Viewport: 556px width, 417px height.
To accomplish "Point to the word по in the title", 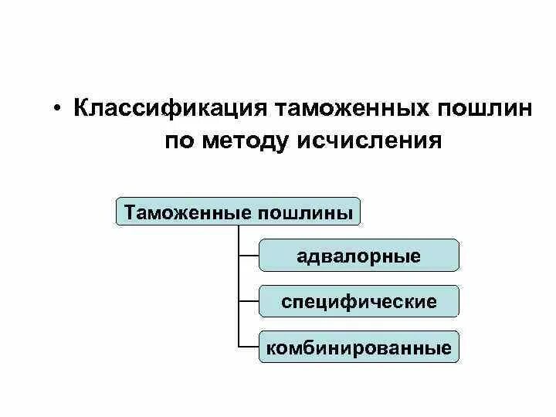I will pyautogui.click(x=182, y=142).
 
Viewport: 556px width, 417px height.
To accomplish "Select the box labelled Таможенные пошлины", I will pyautogui.click(x=239, y=211).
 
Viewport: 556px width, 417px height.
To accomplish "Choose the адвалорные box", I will pyautogui.click(x=359, y=256).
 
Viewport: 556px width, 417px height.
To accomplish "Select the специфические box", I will pyautogui.click(x=359, y=301).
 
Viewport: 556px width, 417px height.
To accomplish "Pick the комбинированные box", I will pyautogui.click(x=359, y=347).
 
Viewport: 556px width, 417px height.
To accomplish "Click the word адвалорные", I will pyautogui.click(x=359, y=256).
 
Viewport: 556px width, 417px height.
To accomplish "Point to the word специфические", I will pyautogui.click(x=359, y=301).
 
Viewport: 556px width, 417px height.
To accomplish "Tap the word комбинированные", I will pyautogui.click(x=359, y=347).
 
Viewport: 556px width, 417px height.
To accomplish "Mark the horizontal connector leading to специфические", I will pyautogui.click(x=249, y=301).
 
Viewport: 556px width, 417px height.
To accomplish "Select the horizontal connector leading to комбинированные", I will pyautogui.click(x=249, y=347).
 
